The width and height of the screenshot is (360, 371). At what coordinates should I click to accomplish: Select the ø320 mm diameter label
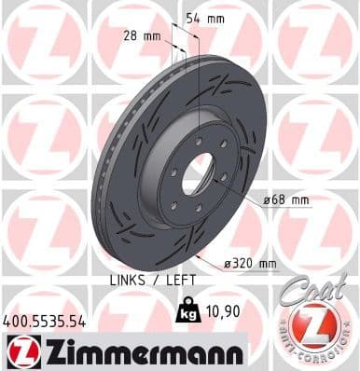(250, 264)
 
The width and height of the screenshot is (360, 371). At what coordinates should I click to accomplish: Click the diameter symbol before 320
(227, 264)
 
